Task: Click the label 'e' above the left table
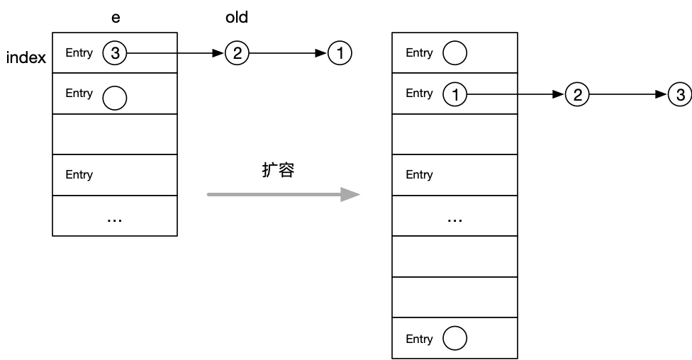116,18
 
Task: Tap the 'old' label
237,18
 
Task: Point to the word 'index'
26,58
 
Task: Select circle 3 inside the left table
114,53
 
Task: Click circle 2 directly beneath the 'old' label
237,53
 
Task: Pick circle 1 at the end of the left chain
340,53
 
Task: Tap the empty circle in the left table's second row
114,98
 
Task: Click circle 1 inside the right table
454,94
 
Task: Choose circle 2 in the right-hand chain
577,94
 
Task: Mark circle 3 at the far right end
680,94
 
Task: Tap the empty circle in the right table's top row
454,53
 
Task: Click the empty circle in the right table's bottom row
454,339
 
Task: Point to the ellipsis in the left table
114,220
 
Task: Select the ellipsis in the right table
454,220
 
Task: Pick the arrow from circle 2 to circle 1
288,53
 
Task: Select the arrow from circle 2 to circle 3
628,94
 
